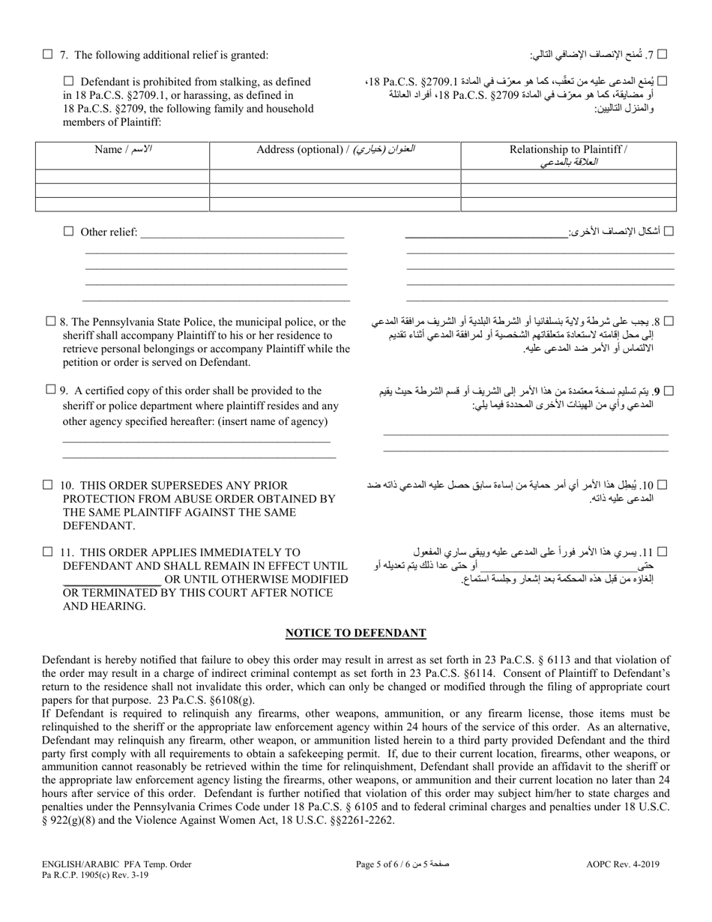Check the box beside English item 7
click(48, 54)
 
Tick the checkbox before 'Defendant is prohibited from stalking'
click(69, 82)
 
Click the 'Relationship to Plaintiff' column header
click(568, 155)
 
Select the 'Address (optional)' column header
click(335, 149)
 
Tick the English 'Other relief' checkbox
click(69, 232)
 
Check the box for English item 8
click(50, 322)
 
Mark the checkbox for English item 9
click(50, 389)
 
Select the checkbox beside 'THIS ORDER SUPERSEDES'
click(48, 485)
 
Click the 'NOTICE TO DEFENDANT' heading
click(356, 633)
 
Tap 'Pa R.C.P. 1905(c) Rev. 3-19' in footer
click(106, 876)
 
